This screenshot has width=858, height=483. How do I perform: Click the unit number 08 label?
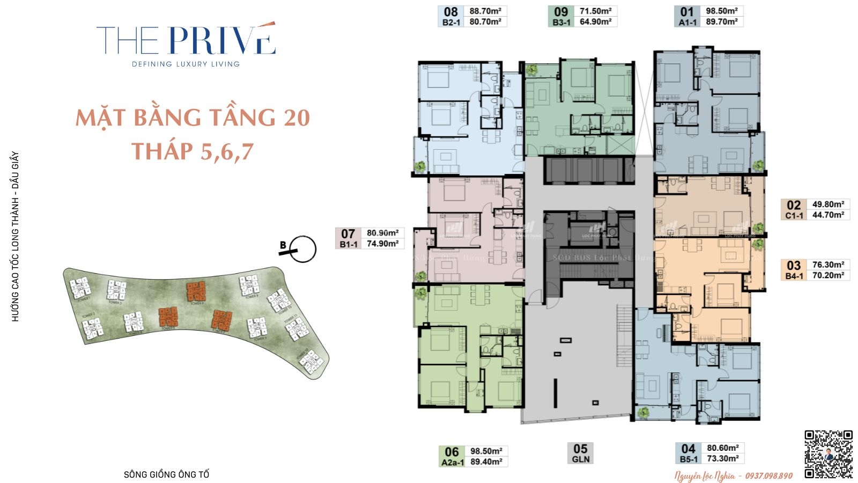(451, 11)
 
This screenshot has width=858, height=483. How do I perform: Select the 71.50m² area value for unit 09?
(595, 11)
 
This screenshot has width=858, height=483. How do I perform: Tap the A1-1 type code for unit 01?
(687, 23)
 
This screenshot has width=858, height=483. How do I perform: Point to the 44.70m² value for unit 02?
(828, 215)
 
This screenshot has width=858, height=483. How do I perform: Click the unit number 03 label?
(794, 265)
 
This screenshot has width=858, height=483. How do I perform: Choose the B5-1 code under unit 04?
(689, 459)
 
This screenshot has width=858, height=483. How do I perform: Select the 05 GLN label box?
(580, 453)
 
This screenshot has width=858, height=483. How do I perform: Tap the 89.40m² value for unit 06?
(486, 462)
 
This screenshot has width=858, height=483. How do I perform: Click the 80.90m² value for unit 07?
(382, 233)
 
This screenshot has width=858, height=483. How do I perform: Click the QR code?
(829, 453)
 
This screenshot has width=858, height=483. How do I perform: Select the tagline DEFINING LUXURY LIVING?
(186, 64)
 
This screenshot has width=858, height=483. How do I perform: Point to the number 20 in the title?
(297, 118)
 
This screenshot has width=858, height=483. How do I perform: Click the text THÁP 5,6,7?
(192, 151)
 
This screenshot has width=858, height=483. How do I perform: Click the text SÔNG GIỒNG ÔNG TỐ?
(166, 474)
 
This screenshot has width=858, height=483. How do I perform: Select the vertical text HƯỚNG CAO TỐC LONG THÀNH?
(15, 252)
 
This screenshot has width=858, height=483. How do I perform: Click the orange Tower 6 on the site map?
(196, 291)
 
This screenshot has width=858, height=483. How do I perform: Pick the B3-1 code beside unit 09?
(561, 23)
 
